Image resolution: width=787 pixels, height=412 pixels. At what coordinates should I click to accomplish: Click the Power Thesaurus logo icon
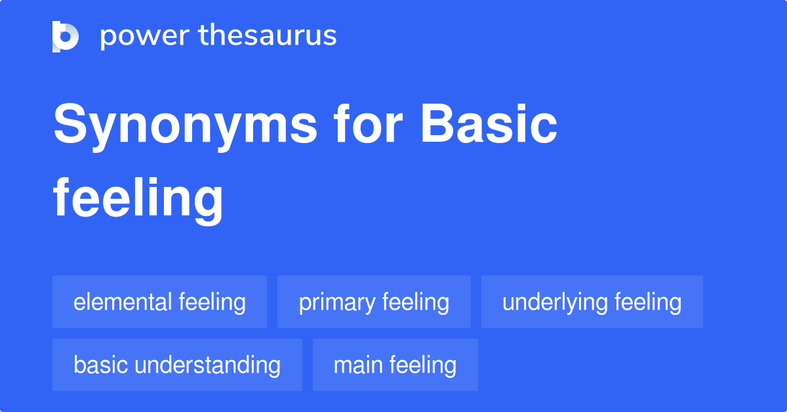(66, 36)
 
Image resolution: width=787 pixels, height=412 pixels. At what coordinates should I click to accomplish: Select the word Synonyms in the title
(186, 126)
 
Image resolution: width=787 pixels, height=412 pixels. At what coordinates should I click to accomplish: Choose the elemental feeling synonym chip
(159, 302)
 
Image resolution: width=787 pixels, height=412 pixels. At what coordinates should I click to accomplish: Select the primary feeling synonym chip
(374, 302)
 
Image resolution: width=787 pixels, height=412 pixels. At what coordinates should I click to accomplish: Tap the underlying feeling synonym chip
(592, 302)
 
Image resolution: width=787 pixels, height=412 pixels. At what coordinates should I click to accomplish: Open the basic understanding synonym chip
(177, 365)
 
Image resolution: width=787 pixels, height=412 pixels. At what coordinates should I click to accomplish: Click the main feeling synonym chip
(395, 365)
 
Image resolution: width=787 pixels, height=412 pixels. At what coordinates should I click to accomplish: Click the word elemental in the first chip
(123, 302)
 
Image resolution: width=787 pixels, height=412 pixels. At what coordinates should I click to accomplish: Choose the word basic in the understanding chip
(96, 365)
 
